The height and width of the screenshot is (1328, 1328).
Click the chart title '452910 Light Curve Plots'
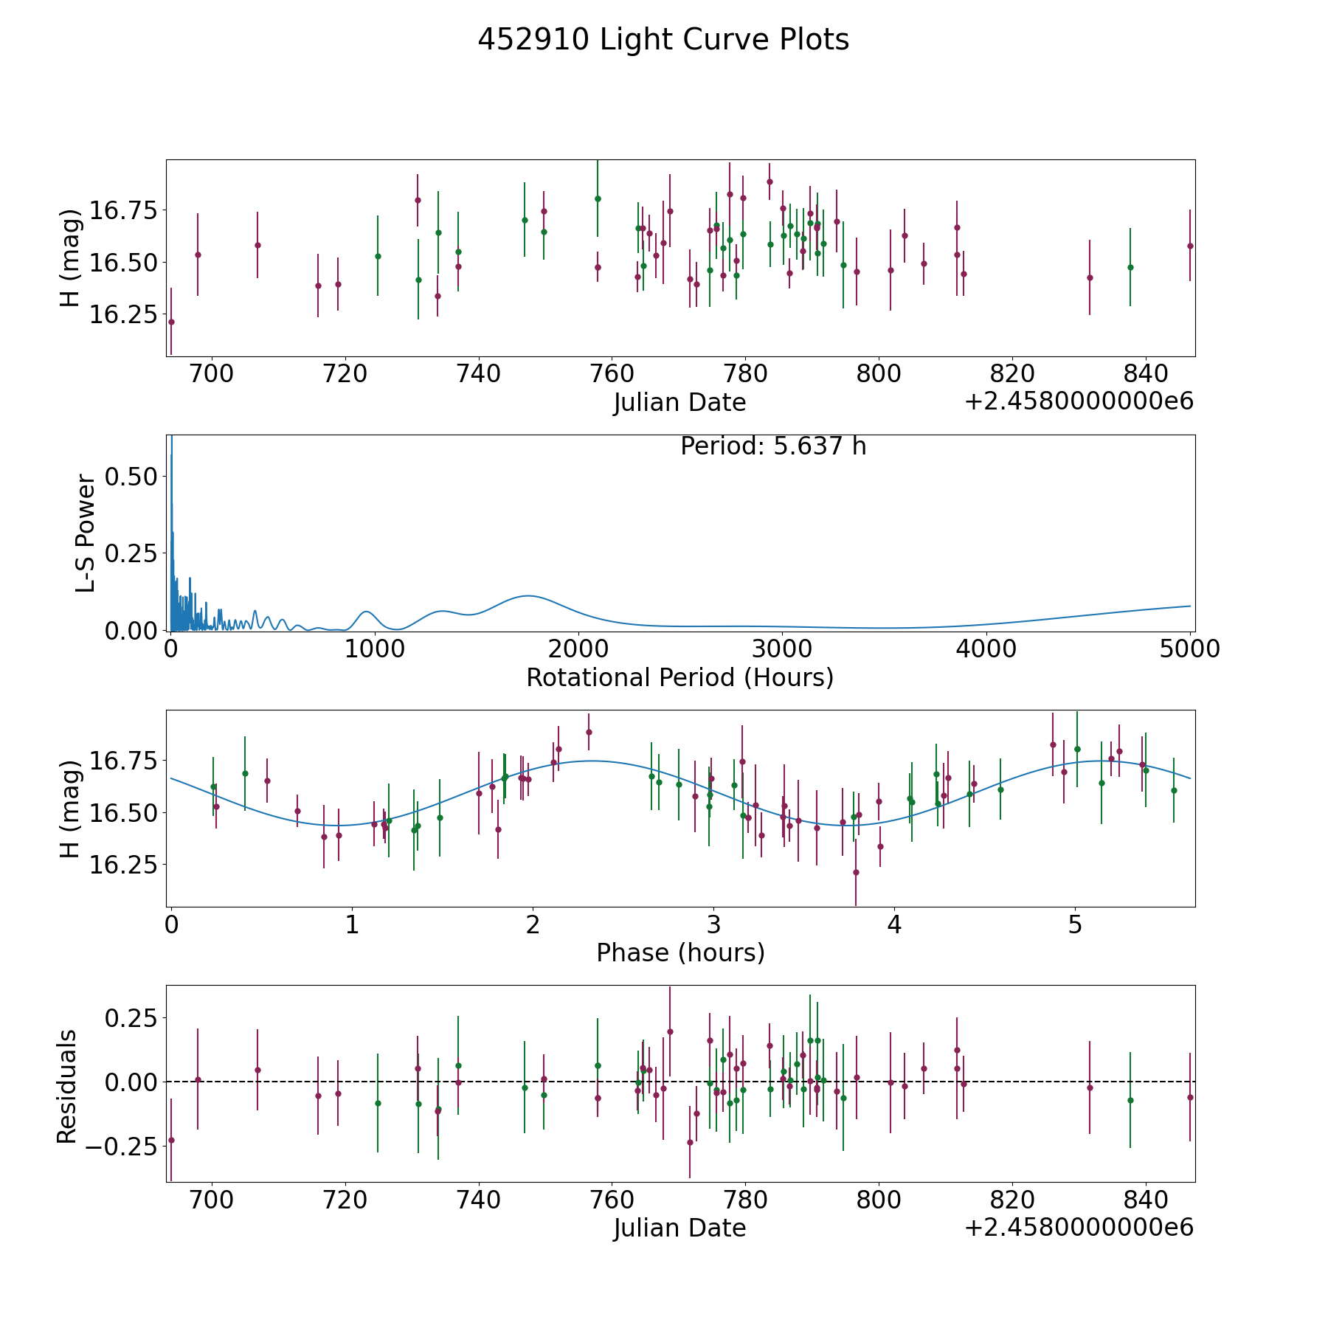(x=663, y=40)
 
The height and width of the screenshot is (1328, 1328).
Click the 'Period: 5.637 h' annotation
(x=773, y=446)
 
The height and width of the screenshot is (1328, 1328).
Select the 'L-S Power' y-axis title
(x=86, y=533)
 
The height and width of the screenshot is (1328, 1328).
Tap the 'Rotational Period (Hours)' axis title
(x=679, y=677)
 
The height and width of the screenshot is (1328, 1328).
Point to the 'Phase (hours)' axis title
(x=680, y=952)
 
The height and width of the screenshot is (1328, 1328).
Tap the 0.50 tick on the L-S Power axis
(x=131, y=477)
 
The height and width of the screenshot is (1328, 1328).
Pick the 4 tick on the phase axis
(x=894, y=924)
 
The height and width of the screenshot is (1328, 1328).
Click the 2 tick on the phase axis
(x=533, y=924)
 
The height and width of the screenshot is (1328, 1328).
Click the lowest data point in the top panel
(x=171, y=322)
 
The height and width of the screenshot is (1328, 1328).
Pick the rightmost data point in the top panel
(x=1190, y=246)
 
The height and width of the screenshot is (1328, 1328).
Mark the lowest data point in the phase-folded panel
(x=856, y=872)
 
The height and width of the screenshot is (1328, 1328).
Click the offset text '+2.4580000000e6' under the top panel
(x=1079, y=402)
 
